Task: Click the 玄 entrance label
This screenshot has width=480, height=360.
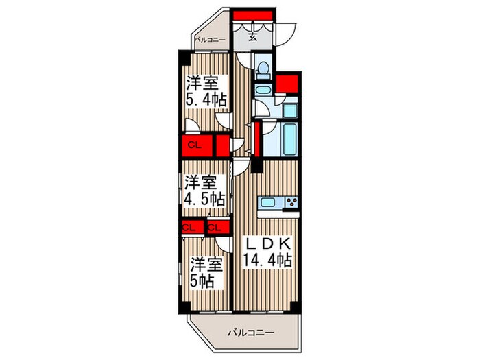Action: (252, 37)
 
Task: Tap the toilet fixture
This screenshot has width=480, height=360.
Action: (263, 69)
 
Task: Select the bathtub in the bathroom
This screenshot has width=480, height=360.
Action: (289, 139)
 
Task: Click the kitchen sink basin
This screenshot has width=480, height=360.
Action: (269, 202)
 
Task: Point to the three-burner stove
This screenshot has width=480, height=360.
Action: (292, 202)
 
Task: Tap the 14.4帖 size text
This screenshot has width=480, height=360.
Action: (267, 261)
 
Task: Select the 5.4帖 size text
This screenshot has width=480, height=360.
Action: (206, 100)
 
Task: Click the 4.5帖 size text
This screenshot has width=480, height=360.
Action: (204, 200)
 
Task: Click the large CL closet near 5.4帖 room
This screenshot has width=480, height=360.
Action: (197, 145)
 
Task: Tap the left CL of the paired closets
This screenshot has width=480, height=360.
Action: (193, 228)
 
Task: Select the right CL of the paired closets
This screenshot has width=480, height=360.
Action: (219, 228)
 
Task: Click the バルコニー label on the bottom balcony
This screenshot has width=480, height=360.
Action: (251, 333)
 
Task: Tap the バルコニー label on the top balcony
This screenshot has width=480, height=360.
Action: (211, 40)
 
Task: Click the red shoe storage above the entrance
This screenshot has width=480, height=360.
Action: (252, 16)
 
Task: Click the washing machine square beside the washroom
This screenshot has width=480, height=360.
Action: (290, 110)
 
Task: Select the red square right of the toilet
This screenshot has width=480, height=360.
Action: (287, 83)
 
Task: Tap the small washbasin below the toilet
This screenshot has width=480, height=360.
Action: (263, 91)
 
